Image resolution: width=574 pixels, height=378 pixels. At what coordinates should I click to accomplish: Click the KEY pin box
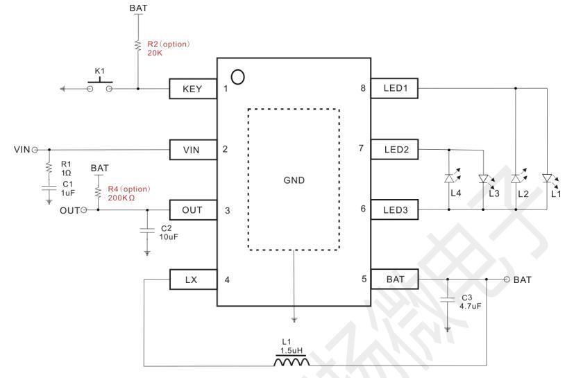193,89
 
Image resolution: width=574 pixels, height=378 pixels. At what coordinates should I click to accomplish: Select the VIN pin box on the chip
193,150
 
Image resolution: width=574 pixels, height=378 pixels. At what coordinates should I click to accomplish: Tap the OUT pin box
193,210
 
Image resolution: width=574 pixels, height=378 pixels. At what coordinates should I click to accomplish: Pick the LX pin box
193,280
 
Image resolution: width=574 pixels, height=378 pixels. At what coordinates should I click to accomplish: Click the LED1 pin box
394,88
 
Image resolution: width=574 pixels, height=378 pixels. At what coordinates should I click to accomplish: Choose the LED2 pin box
394,149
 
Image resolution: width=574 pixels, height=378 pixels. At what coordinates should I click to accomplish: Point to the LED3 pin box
394,209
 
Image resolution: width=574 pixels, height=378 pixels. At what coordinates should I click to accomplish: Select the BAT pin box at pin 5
394,280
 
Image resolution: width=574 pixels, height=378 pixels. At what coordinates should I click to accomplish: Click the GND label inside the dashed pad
294,180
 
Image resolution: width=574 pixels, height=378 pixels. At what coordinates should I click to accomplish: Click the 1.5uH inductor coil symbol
292,361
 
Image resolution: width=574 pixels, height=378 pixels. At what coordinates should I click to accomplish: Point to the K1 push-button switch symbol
99,85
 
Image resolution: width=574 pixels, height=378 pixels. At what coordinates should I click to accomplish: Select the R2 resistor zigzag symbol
138,46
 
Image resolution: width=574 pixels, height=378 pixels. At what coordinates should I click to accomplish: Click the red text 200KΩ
121,198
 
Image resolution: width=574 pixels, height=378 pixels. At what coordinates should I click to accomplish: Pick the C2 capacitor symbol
147,230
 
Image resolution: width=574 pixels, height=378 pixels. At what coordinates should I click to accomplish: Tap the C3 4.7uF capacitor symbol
448,300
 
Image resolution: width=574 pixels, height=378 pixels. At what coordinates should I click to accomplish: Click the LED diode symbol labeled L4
450,178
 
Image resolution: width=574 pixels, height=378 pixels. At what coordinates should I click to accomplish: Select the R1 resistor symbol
49,168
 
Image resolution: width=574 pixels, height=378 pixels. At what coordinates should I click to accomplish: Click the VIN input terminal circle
35,150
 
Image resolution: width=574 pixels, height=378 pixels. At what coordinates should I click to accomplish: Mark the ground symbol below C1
49,201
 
